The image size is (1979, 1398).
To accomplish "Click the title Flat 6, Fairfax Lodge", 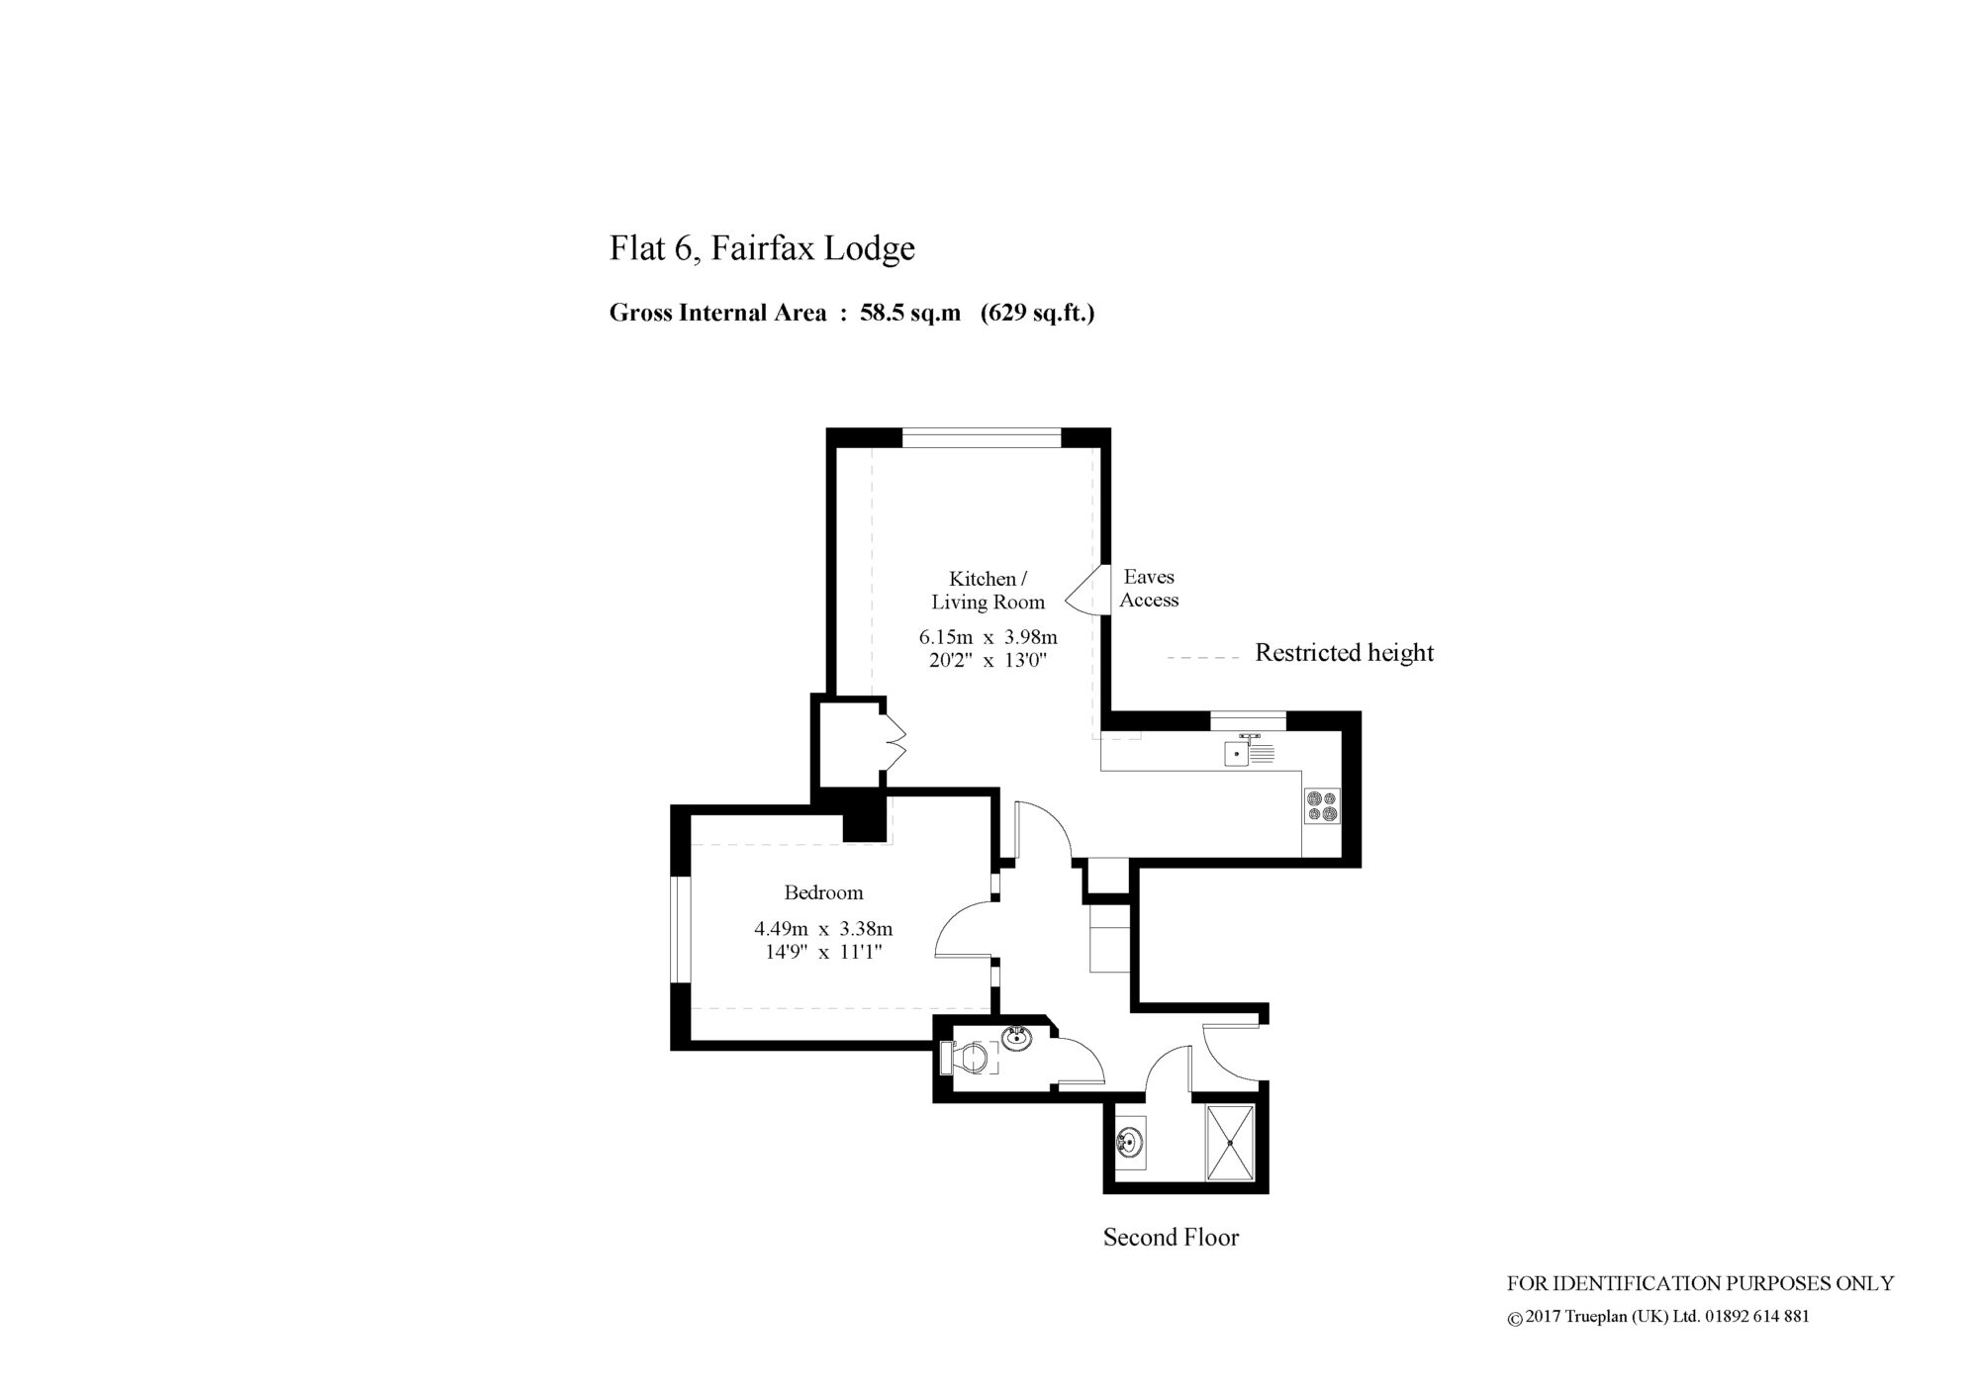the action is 762,248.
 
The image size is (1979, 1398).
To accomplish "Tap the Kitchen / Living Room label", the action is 988,590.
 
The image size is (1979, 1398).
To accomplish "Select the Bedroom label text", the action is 823,892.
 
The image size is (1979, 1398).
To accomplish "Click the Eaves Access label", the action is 1149,588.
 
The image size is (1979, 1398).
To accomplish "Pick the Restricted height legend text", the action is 1344,653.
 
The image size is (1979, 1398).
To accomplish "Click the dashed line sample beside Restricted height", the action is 1203,657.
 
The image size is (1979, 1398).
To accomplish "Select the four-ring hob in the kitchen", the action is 1322,805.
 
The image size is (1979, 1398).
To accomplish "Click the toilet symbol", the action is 970,1058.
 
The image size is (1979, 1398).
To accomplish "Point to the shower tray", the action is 1230,1142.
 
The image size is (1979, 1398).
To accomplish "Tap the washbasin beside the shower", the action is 1130,1145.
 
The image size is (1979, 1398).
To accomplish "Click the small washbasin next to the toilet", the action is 1017,1038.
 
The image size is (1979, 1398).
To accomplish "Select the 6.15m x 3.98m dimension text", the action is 988,637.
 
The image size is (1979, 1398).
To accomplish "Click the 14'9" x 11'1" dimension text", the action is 823,953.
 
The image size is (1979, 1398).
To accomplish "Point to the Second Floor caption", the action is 1171,1237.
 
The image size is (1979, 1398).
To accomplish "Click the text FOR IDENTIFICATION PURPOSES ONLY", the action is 1700,1283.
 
